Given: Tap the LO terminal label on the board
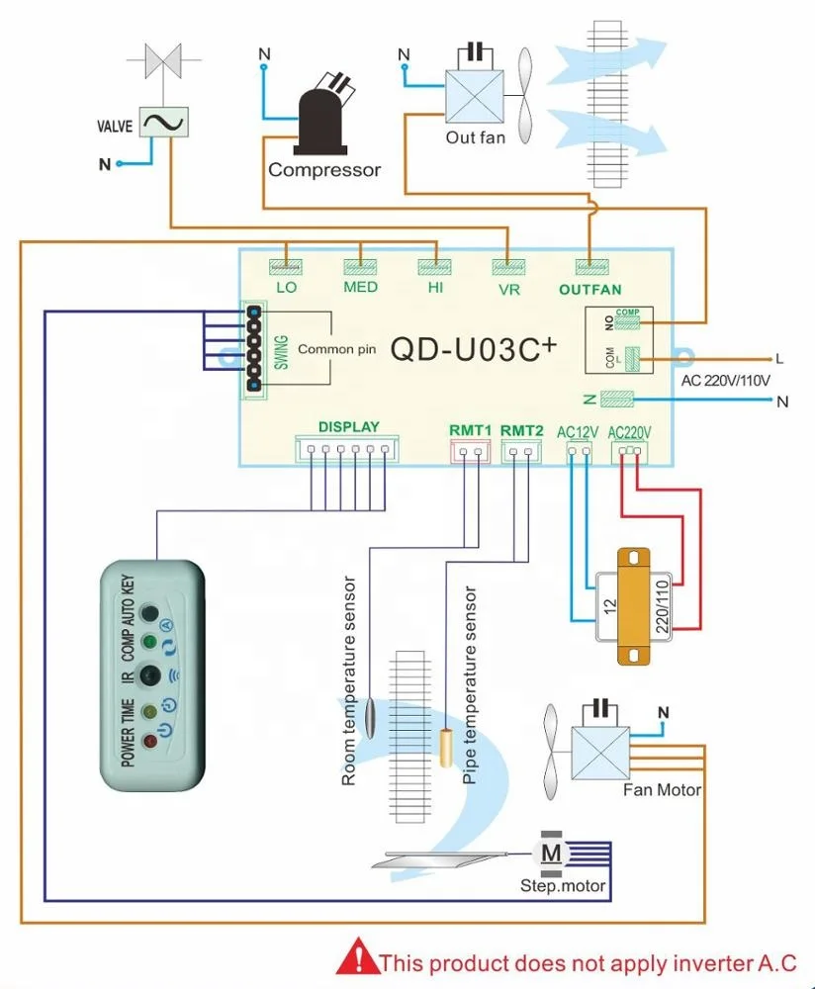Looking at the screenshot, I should (x=287, y=288).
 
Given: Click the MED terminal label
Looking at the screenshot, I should (x=361, y=288).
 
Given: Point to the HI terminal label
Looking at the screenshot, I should (x=435, y=288).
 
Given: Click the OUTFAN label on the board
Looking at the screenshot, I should (x=590, y=290).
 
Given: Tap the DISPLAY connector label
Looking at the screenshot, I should (x=348, y=427).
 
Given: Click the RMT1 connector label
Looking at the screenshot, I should (x=470, y=430).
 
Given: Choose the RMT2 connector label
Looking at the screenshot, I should (x=521, y=430).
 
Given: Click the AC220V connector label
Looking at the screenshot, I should (x=631, y=431).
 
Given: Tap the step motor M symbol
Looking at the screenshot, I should (x=552, y=852).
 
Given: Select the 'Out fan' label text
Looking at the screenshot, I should (x=475, y=137).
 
